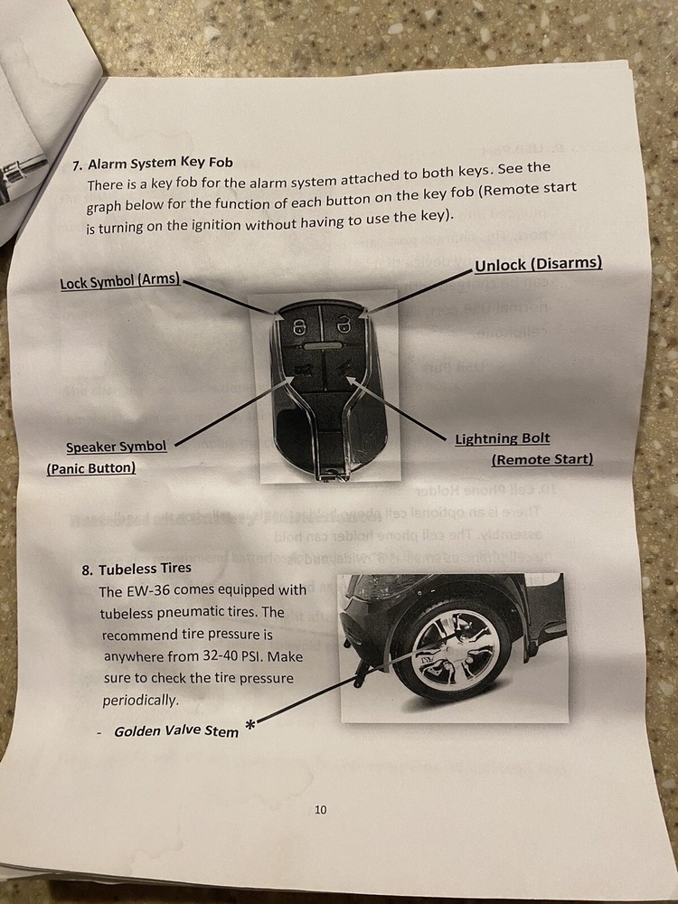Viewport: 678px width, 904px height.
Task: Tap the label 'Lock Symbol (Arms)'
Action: click(x=120, y=281)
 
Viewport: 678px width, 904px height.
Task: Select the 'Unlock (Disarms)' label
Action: click(x=538, y=263)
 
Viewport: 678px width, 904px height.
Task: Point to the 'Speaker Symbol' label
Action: click(x=116, y=447)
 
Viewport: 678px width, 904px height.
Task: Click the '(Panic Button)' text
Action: click(x=90, y=467)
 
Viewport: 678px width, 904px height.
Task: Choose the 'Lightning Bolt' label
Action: click(x=502, y=438)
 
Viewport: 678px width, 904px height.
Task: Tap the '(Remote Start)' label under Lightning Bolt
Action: click(x=541, y=459)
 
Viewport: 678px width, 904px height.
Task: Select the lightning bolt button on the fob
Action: click(x=343, y=371)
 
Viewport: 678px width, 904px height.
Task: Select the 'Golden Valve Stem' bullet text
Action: click(x=176, y=730)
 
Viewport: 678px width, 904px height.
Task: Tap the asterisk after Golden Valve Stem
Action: click(x=250, y=723)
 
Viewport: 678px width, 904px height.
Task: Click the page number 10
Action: click(x=321, y=809)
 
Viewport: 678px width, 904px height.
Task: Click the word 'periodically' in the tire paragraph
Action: click(x=141, y=700)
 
